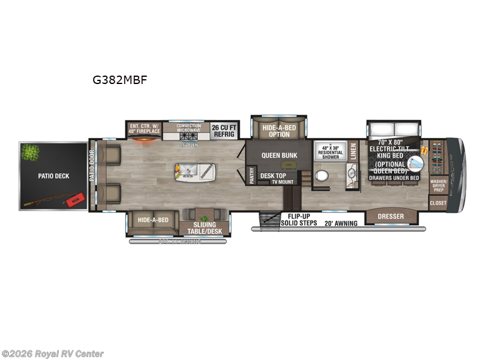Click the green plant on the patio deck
coord(29,152)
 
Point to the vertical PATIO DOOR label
coord(92,176)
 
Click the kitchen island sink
coord(187,172)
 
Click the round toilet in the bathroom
coord(322,177)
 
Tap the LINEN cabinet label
coord(354,154)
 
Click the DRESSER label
coord(390,216)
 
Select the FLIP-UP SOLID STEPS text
coord(299,220)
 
